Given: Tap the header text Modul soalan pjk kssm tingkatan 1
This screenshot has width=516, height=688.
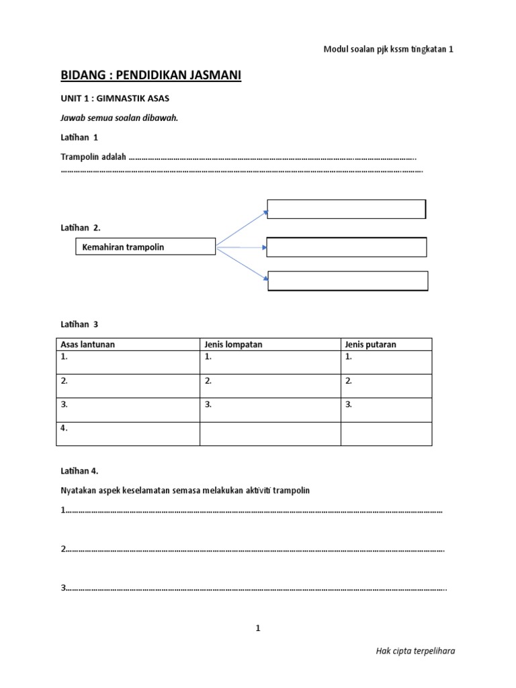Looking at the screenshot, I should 388,49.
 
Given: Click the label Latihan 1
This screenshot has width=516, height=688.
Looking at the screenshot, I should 79,137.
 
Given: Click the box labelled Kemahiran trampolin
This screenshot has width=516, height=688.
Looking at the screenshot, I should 144,247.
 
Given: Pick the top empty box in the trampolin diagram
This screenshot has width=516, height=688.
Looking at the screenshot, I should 346,209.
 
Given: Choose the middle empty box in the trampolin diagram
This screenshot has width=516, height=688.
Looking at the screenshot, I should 347,247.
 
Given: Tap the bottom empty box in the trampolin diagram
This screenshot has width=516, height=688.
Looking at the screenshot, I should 347,281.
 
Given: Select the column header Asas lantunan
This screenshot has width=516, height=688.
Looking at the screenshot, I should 88,345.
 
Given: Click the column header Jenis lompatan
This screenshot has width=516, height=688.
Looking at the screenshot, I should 233,345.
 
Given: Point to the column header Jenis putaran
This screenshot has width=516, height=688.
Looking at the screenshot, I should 370,345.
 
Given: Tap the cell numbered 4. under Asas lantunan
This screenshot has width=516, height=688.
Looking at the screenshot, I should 128,433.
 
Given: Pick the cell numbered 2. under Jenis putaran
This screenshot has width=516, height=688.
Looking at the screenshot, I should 386,386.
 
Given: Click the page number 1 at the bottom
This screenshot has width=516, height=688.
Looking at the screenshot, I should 257,628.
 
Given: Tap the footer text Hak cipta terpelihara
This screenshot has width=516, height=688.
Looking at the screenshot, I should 419,651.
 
